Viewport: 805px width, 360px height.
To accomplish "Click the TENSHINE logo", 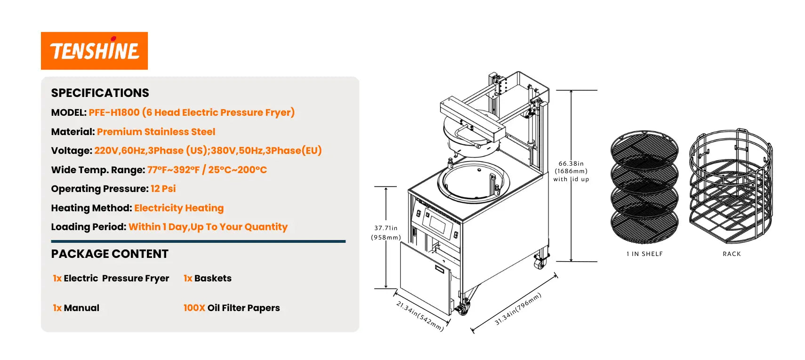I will tap(94, 51).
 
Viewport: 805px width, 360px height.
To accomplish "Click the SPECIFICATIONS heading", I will tap(100, 93).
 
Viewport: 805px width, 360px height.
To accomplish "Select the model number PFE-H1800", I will tap(114, 112).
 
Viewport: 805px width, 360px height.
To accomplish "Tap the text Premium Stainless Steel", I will tap(156, 132).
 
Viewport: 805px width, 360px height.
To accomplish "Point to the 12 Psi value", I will tap(163, 189).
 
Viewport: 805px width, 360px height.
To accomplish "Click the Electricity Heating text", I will tap(179, 208).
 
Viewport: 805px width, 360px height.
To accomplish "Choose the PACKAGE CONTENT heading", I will tap(110, 254).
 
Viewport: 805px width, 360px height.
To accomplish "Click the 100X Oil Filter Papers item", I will tap(232, 308).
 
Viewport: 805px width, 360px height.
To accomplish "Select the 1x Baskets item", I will tap(208, 278).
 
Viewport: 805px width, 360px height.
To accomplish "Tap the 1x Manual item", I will tap(76, 308).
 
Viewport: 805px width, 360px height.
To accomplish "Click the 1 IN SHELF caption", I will tap(644, 254).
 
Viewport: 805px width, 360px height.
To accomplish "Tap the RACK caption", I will tap(732, 254).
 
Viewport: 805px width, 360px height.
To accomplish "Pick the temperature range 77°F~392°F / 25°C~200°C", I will tap(207, 170).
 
